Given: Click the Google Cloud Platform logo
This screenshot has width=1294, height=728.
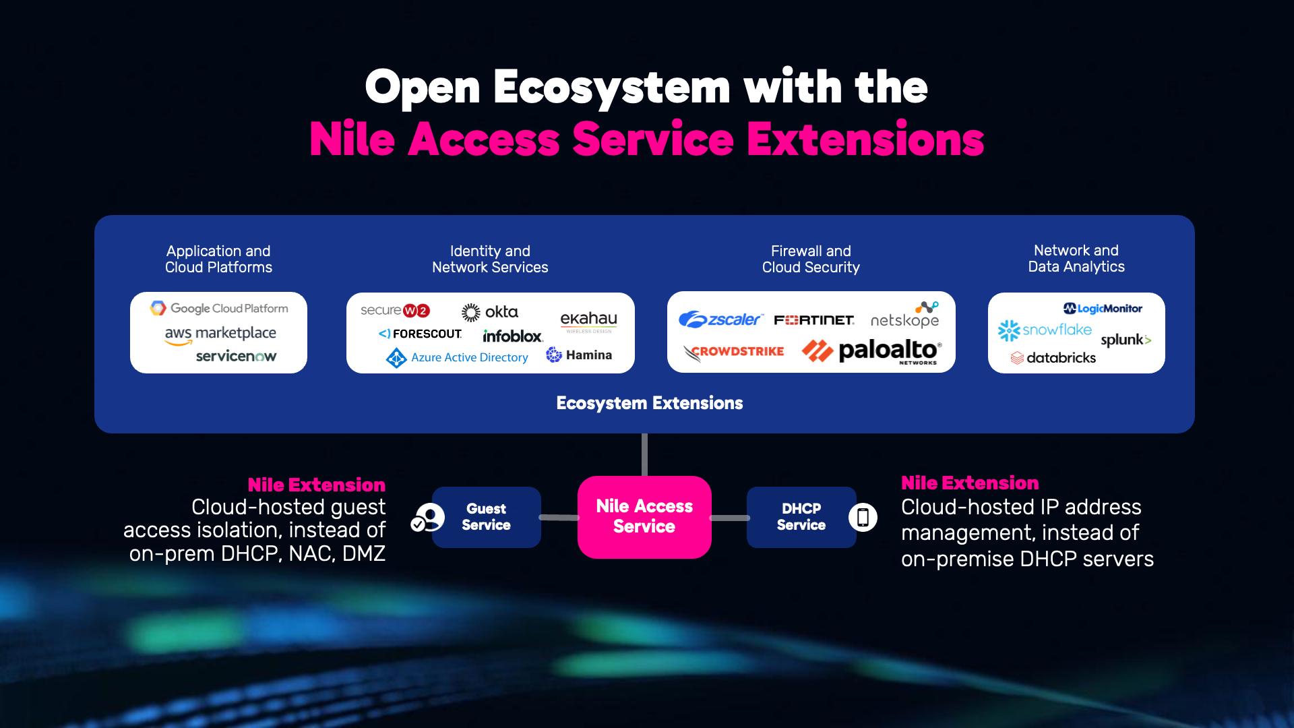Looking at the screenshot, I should (219, 308).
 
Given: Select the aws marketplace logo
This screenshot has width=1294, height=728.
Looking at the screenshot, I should (220, 334).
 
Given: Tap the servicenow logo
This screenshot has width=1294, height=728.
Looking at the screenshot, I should (236, 356).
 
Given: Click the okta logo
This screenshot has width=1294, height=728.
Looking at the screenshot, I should (490, 312).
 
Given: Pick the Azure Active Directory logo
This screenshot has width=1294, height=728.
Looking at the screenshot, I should (457, 357).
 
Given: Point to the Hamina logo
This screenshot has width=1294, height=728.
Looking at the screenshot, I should (579, 355).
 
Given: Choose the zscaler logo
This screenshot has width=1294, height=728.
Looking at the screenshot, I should (720, 320).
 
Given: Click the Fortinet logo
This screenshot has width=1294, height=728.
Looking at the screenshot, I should (813, 320).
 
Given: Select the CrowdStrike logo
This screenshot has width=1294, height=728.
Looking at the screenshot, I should (734, 352).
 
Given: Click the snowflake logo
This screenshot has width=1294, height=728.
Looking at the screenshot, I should (1045, 330).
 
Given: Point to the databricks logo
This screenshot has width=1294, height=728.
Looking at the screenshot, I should (1053, 358).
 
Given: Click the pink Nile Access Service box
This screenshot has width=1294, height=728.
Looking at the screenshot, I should (644, 517).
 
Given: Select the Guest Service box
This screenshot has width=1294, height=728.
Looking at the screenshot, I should (486, 517).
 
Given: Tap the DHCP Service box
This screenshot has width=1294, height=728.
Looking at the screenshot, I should (801, 517).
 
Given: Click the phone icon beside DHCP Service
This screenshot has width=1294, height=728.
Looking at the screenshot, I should (863, 518).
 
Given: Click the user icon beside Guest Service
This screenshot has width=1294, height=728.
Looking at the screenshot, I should (429, 518).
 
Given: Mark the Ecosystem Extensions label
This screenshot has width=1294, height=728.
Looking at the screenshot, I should (649, 403).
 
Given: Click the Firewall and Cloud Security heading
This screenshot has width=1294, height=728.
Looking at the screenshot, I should (811, 260).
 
